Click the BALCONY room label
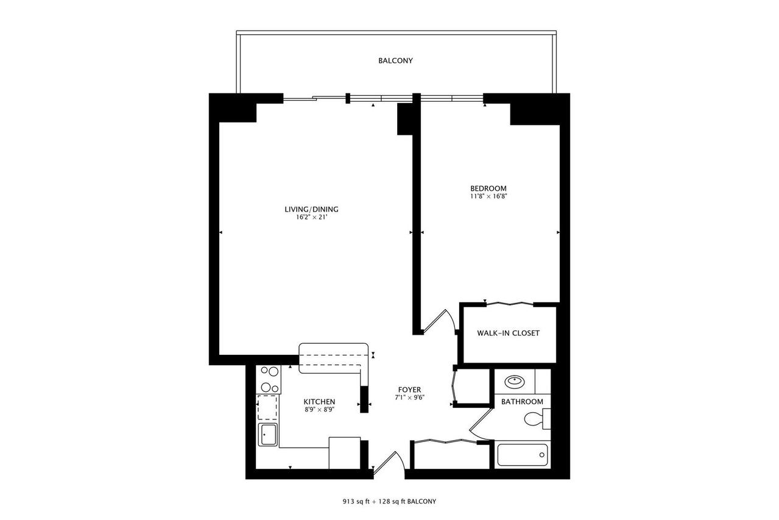[395, 61]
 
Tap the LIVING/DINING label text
[311, 210]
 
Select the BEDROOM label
[488, 188]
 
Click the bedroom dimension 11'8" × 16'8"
[488, 196]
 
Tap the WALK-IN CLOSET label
[508, 333]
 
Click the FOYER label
[409, 390]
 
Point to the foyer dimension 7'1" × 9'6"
[409, 398]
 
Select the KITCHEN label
[319, 402]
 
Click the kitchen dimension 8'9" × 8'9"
[319, 410]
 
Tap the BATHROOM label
[522, 402]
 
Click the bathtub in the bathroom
[522, 455]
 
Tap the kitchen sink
[268, 435]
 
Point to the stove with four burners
[269, 379]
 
